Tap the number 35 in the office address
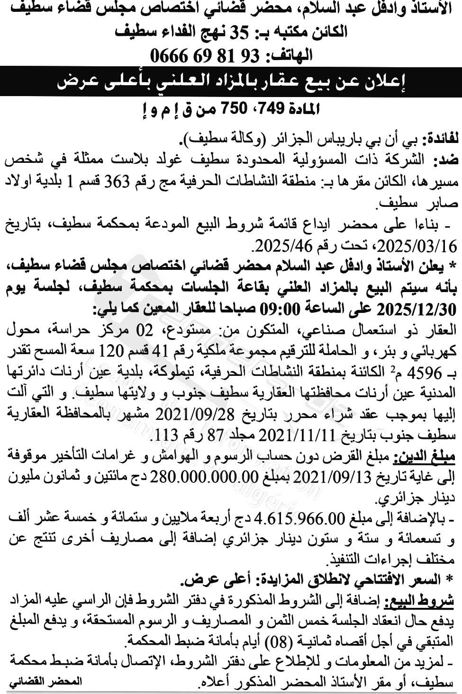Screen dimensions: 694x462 click(x=239, y=32)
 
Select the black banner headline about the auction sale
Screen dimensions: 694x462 click(x=231, y=82)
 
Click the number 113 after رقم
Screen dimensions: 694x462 click(x=163, y=433)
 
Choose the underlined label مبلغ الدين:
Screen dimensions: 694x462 click(x=430, y=456)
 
